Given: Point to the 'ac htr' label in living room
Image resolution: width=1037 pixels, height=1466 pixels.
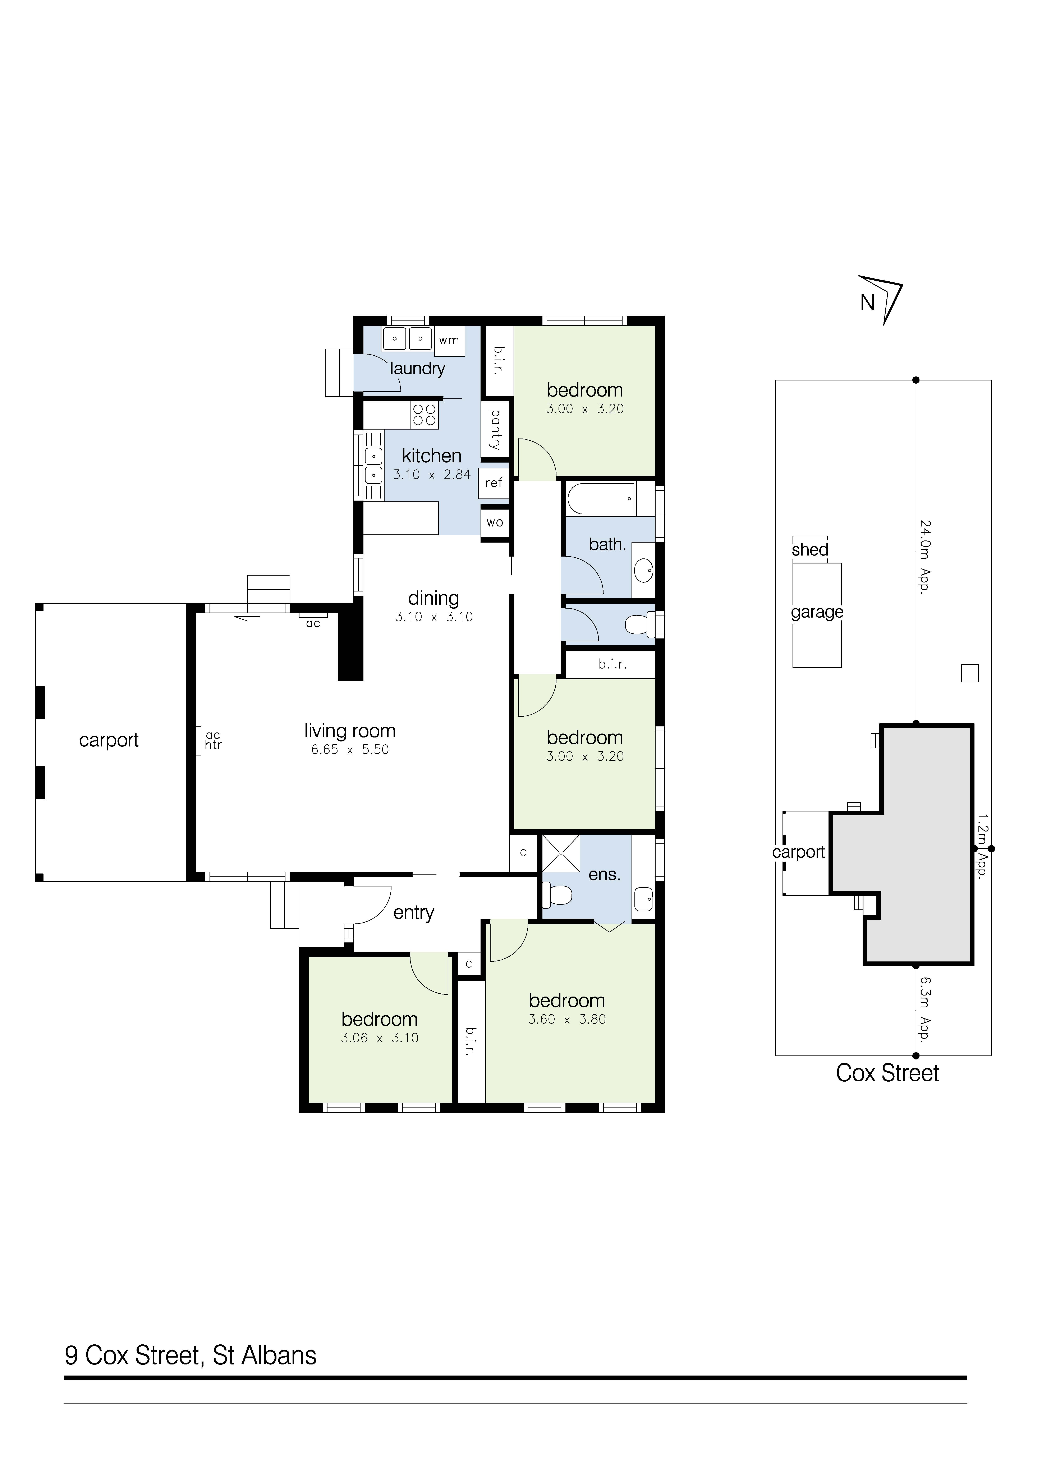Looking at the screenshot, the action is (x=214, y=740).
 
